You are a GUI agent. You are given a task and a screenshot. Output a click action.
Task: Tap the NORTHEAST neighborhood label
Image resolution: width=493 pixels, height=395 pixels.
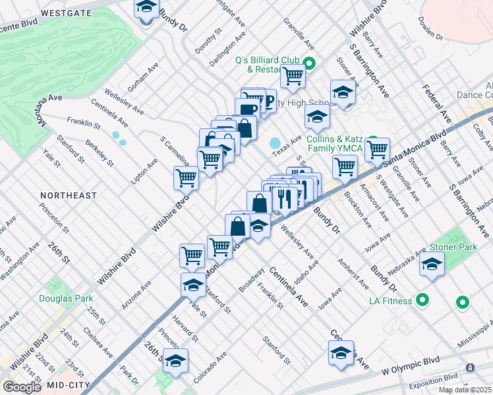coord(68,196)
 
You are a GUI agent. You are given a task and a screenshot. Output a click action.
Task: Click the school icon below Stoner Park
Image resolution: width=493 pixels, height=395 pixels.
coord(432,264)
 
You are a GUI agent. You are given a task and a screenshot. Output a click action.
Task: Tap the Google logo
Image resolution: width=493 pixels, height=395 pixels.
coord(22,387)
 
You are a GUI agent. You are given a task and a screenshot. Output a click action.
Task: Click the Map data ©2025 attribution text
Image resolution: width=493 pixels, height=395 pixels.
coord(465,390)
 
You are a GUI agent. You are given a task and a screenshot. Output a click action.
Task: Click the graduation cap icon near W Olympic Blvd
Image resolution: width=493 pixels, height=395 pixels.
coord(341,354)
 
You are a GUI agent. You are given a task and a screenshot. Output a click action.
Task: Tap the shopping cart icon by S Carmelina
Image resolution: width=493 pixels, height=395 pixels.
coord(187,177)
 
